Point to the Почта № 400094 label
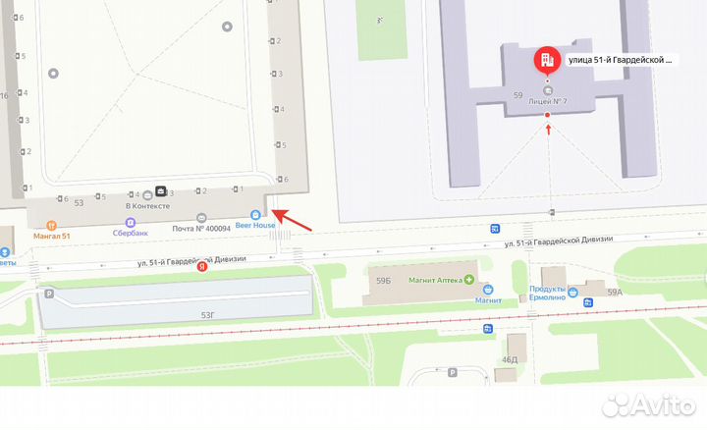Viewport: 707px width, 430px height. pos(201,228)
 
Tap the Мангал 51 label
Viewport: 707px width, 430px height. pos(52,236)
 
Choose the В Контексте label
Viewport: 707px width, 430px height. pos(147,206)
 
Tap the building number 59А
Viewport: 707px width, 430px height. pos(615,293)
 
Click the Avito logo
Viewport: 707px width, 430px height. pos(650,404)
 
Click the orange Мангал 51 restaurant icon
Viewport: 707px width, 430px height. pos(51,225)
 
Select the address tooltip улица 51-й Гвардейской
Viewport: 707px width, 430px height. pos(622,60)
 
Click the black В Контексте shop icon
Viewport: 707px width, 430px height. pos(161,190)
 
